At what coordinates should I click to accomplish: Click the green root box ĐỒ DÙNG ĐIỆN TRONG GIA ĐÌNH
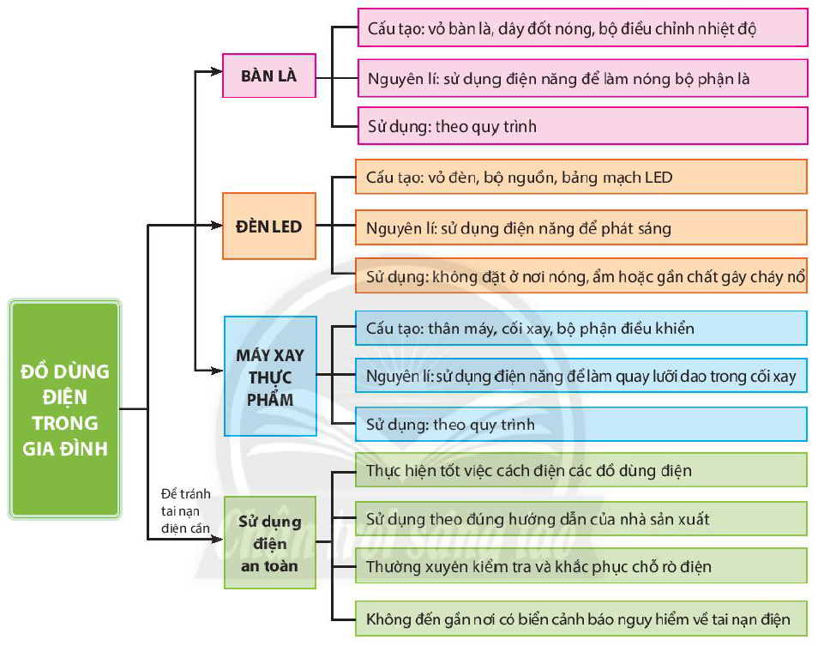point(64,409)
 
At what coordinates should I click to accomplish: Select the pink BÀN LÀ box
point(269,75)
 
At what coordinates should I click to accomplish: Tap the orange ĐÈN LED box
point(269,226)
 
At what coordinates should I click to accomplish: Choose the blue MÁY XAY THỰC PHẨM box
point(270,377)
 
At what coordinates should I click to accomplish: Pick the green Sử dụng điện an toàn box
point(270,543)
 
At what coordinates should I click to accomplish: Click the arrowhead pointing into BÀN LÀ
point(216,71)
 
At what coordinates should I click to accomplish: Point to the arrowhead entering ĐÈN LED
point(216,226)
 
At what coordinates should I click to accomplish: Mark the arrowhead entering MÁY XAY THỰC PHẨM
point(216,371)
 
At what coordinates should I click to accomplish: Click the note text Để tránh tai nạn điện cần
point(186,510)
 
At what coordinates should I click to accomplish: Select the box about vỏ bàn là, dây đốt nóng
point(583,27)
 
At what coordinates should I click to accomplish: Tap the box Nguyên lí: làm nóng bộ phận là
point(583,78)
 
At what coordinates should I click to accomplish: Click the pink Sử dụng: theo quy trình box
point(583,126)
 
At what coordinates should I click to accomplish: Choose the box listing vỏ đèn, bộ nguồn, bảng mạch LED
point(581,177)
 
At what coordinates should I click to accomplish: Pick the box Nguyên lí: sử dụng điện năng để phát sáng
point(581,227)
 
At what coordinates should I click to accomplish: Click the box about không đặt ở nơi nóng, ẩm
point(581,275)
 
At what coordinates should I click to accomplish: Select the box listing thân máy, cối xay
point(581,329)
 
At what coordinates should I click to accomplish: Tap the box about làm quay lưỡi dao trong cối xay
point(581,376)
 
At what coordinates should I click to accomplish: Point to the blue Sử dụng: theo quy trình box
point(581,424)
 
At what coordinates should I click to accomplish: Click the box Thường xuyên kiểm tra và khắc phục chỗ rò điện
point(581,565)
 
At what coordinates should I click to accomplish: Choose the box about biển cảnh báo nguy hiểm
point(581,619)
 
